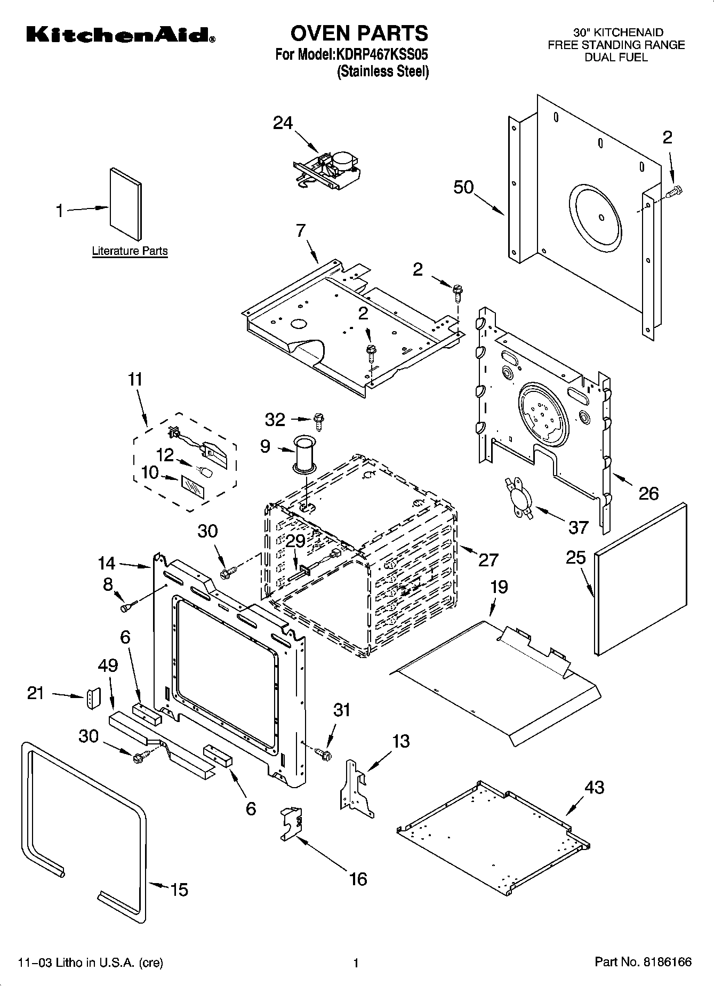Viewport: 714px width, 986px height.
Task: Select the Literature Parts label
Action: (x=130, y=251)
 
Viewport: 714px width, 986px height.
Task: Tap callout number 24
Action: (x=283, y=123)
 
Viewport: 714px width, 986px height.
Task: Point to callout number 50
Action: (x=463, y=188)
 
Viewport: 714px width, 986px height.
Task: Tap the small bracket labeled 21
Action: (x=93, y=698)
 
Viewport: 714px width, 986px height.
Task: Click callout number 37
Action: (x=578, y=527)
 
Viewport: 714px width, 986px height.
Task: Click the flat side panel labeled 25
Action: (x=640, y=579)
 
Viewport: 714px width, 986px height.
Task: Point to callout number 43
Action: (x=595, y=787)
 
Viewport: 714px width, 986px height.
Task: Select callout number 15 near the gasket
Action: (x=180, y=889)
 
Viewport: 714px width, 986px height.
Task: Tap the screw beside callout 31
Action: (x=324, y=753)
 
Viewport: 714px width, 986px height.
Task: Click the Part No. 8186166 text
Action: (x=643, y=962)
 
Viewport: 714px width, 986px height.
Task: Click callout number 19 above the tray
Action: (x=499, y=587)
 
